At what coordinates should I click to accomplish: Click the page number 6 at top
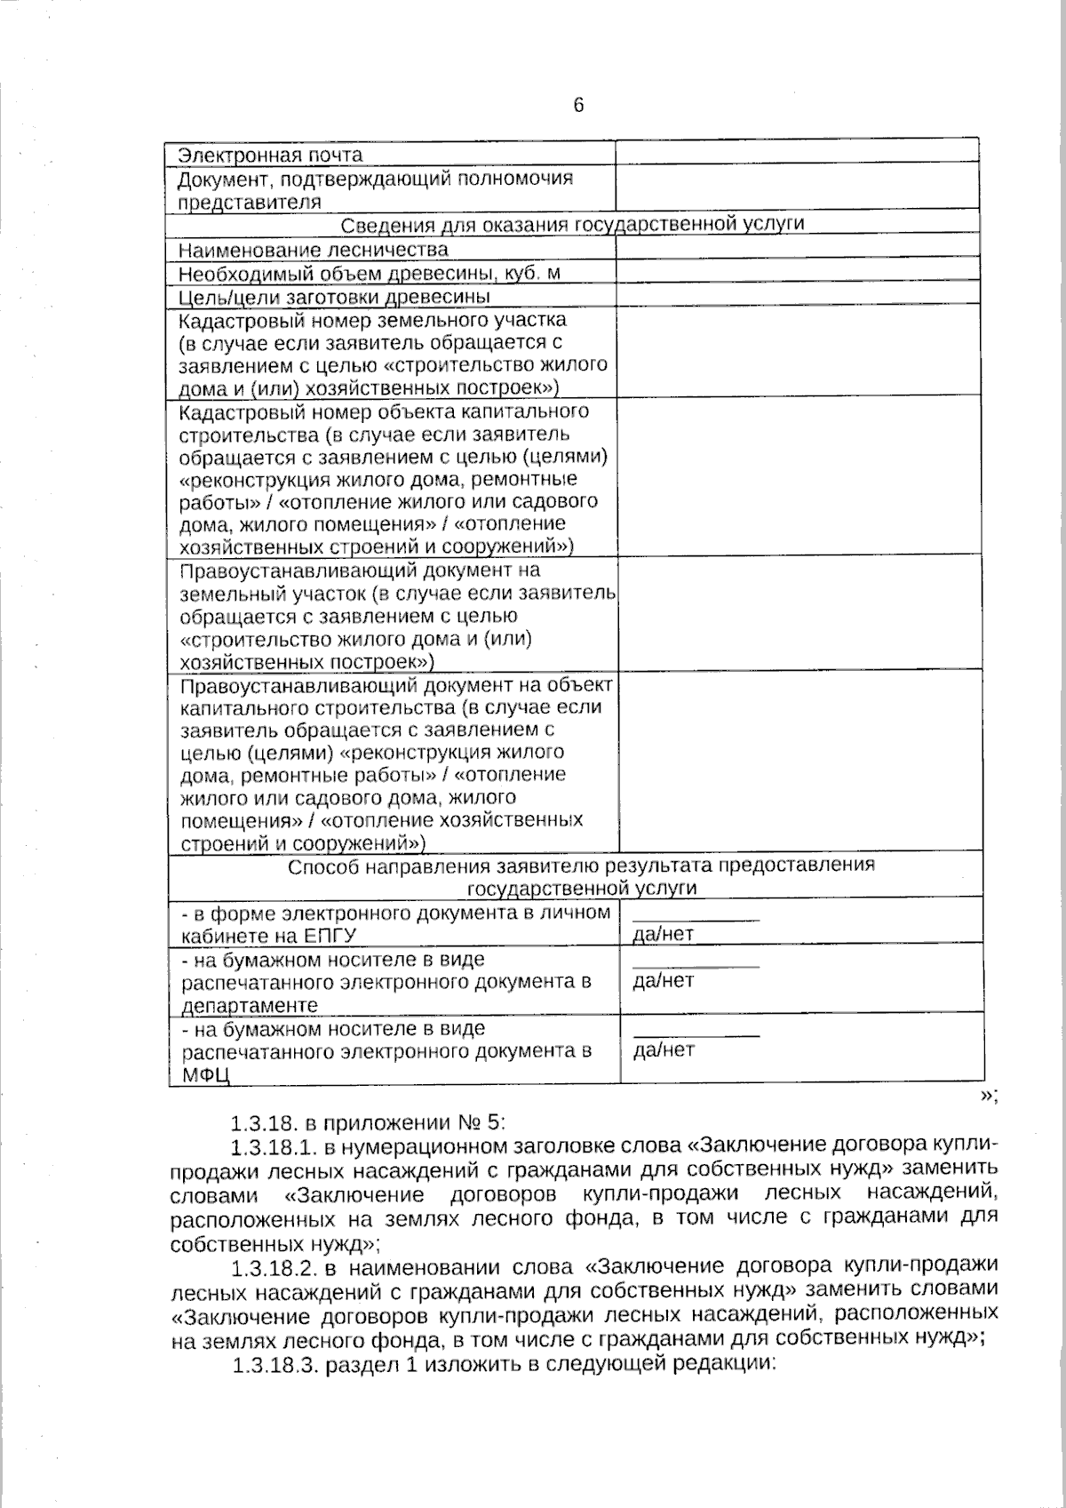click(578, 106)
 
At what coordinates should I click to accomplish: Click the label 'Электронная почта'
click(270, 155)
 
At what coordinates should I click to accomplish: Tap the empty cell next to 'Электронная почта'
click(797, 153)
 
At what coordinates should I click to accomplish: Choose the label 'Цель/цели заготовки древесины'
click(335, 296)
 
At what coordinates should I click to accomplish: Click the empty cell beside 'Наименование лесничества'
click(797, 249)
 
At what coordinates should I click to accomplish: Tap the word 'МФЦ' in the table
click(206, 1075)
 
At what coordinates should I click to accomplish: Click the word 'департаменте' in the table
click(250, 1006)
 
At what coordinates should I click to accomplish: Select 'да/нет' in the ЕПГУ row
click(663, 934)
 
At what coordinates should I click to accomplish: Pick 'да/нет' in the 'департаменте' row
click(663, 980)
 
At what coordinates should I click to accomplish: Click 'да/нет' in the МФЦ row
click(663, 1049)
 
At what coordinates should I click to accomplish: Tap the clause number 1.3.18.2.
click(271, 1265)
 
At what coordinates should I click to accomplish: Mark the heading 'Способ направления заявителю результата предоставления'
click(581, 866)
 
